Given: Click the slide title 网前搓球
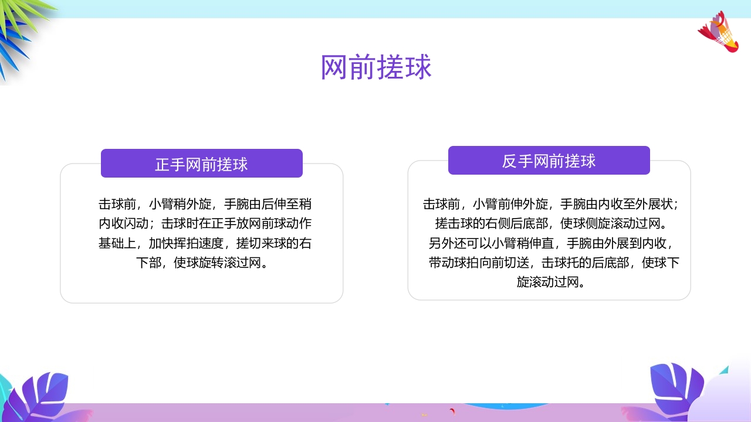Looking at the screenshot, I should tap(376, 67).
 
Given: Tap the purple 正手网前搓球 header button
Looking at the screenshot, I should tap(201, 164).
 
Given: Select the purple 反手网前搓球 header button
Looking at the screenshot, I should tap(549, 161).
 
